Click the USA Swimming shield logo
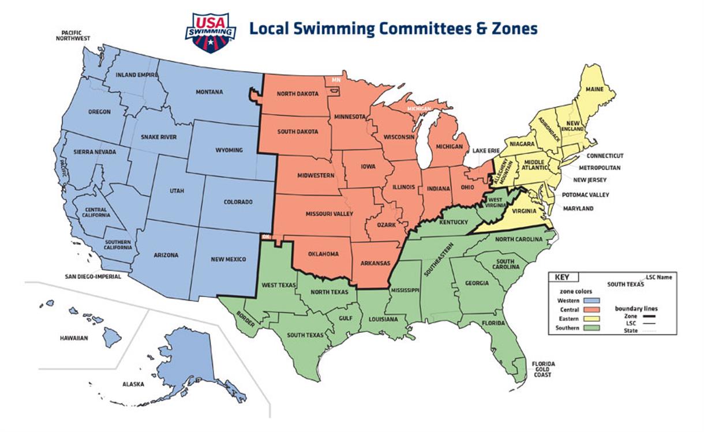pos(210,33)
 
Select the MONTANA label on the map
pos(209,92)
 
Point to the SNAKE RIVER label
pos(159,137)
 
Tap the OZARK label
pos(386,224)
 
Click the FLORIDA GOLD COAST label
pos(543,369)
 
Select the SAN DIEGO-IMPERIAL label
pos(92,276)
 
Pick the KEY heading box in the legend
pos(561,277)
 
